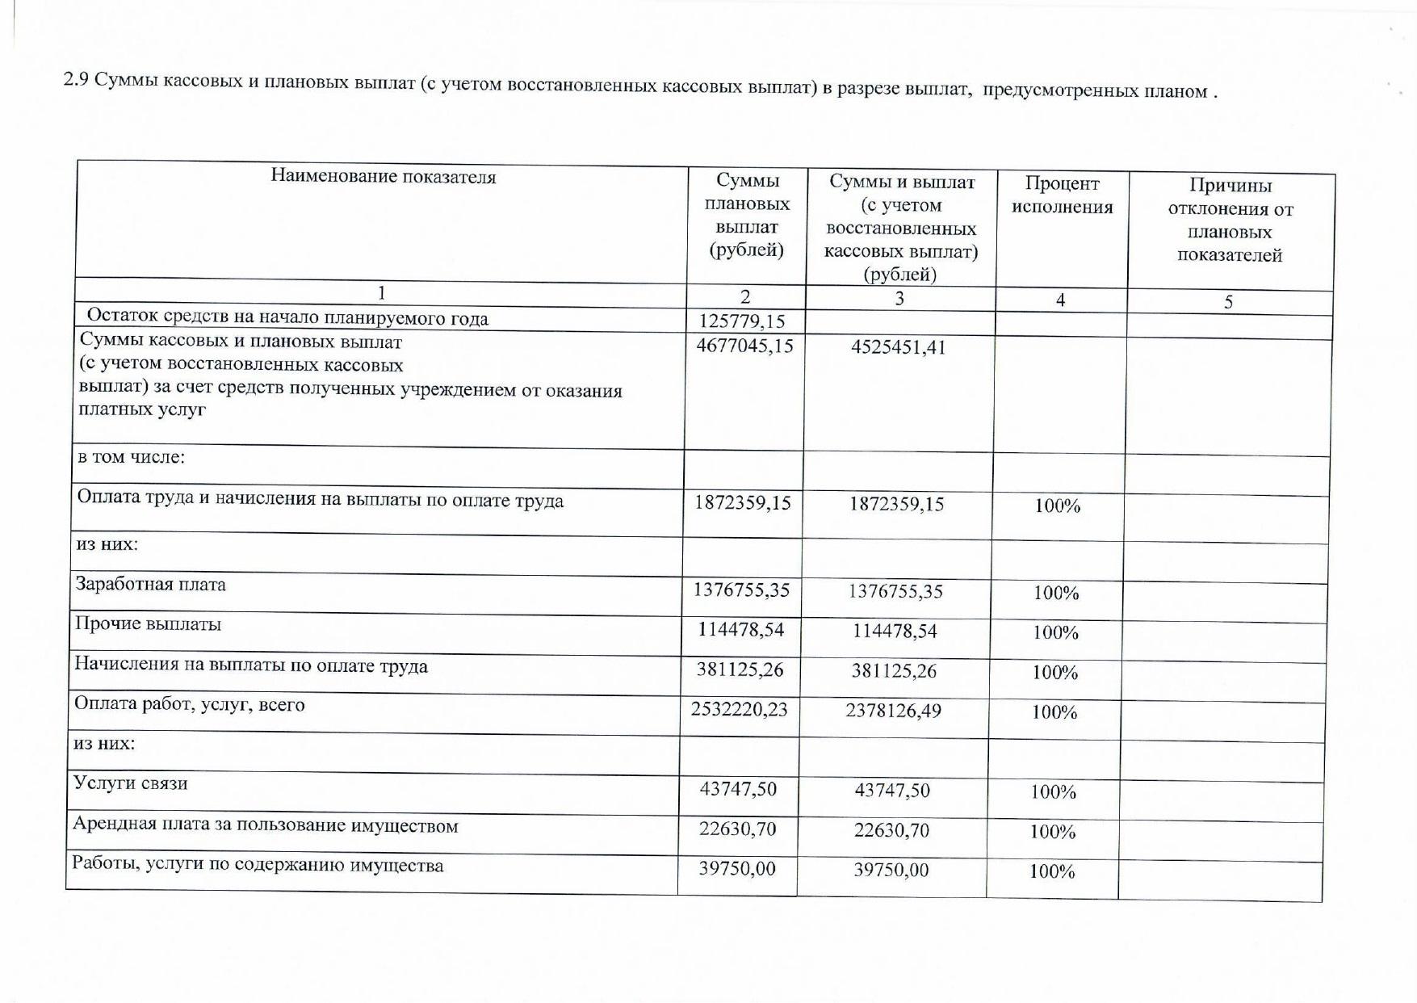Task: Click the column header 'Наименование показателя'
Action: point(383,176)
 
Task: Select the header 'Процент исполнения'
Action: point(1062,195)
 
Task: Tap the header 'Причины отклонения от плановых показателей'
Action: point(1230,220)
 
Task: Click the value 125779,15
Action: point(742,321)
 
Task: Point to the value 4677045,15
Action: point(744,346)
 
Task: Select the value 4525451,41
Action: point(898,347)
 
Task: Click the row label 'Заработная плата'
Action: point(151,584)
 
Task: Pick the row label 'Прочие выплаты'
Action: point(149,624)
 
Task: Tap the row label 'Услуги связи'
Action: point(131,783)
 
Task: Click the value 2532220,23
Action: point(739,709)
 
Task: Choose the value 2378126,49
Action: point(893,711)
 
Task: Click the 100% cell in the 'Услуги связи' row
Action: point(1053,792)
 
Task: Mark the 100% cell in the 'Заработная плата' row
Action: point(1056,593)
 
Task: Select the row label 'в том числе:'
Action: point(132,457)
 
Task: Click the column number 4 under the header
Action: point(1060,300)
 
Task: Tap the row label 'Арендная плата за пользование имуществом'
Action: point(266,825)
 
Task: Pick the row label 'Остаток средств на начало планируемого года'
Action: point(287,317)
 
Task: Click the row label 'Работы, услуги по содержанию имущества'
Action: point(258,865)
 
